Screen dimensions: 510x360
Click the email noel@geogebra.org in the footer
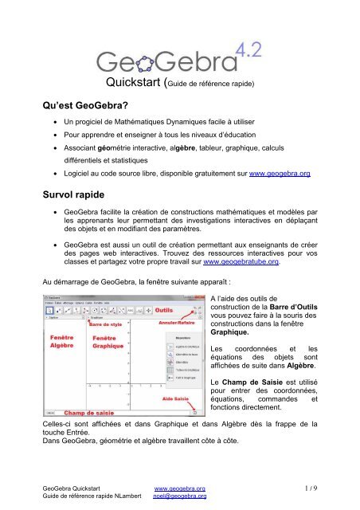(180, 496)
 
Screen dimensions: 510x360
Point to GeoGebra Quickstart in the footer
(72, 488)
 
